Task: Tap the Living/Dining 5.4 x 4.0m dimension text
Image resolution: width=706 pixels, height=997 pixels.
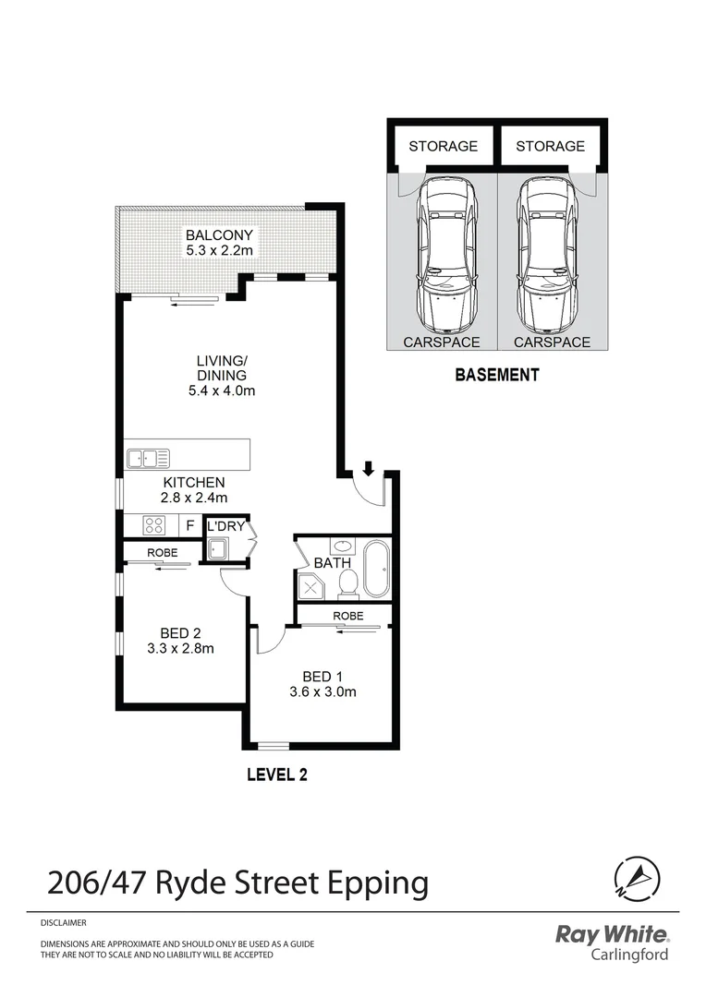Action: coord(221,390)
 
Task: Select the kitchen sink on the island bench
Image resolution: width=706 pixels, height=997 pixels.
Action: coord(149,456)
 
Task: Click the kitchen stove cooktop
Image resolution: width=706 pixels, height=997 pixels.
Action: coord(153,525)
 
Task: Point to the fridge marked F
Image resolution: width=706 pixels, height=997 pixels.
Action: coord(189,525)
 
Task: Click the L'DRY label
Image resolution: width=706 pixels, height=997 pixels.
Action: coord(225,525)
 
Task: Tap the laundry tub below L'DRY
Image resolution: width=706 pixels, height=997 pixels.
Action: coord(221,549)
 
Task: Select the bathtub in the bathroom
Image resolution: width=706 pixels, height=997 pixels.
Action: coord(376,570)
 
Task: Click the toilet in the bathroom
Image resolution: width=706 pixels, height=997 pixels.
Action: coord(348,582)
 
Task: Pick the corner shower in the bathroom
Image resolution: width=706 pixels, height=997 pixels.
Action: coord(310,585)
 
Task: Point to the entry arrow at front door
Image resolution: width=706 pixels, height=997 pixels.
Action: coord(368,469)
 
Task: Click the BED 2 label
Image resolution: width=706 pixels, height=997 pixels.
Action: coord(180,632)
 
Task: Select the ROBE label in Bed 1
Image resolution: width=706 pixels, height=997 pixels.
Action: coord(348,615)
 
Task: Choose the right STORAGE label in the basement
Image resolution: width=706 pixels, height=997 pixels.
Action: coord(550,146)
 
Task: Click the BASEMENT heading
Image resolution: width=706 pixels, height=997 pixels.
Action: coord(496,375)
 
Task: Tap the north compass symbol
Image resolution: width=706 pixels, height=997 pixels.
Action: coord(637,880)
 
